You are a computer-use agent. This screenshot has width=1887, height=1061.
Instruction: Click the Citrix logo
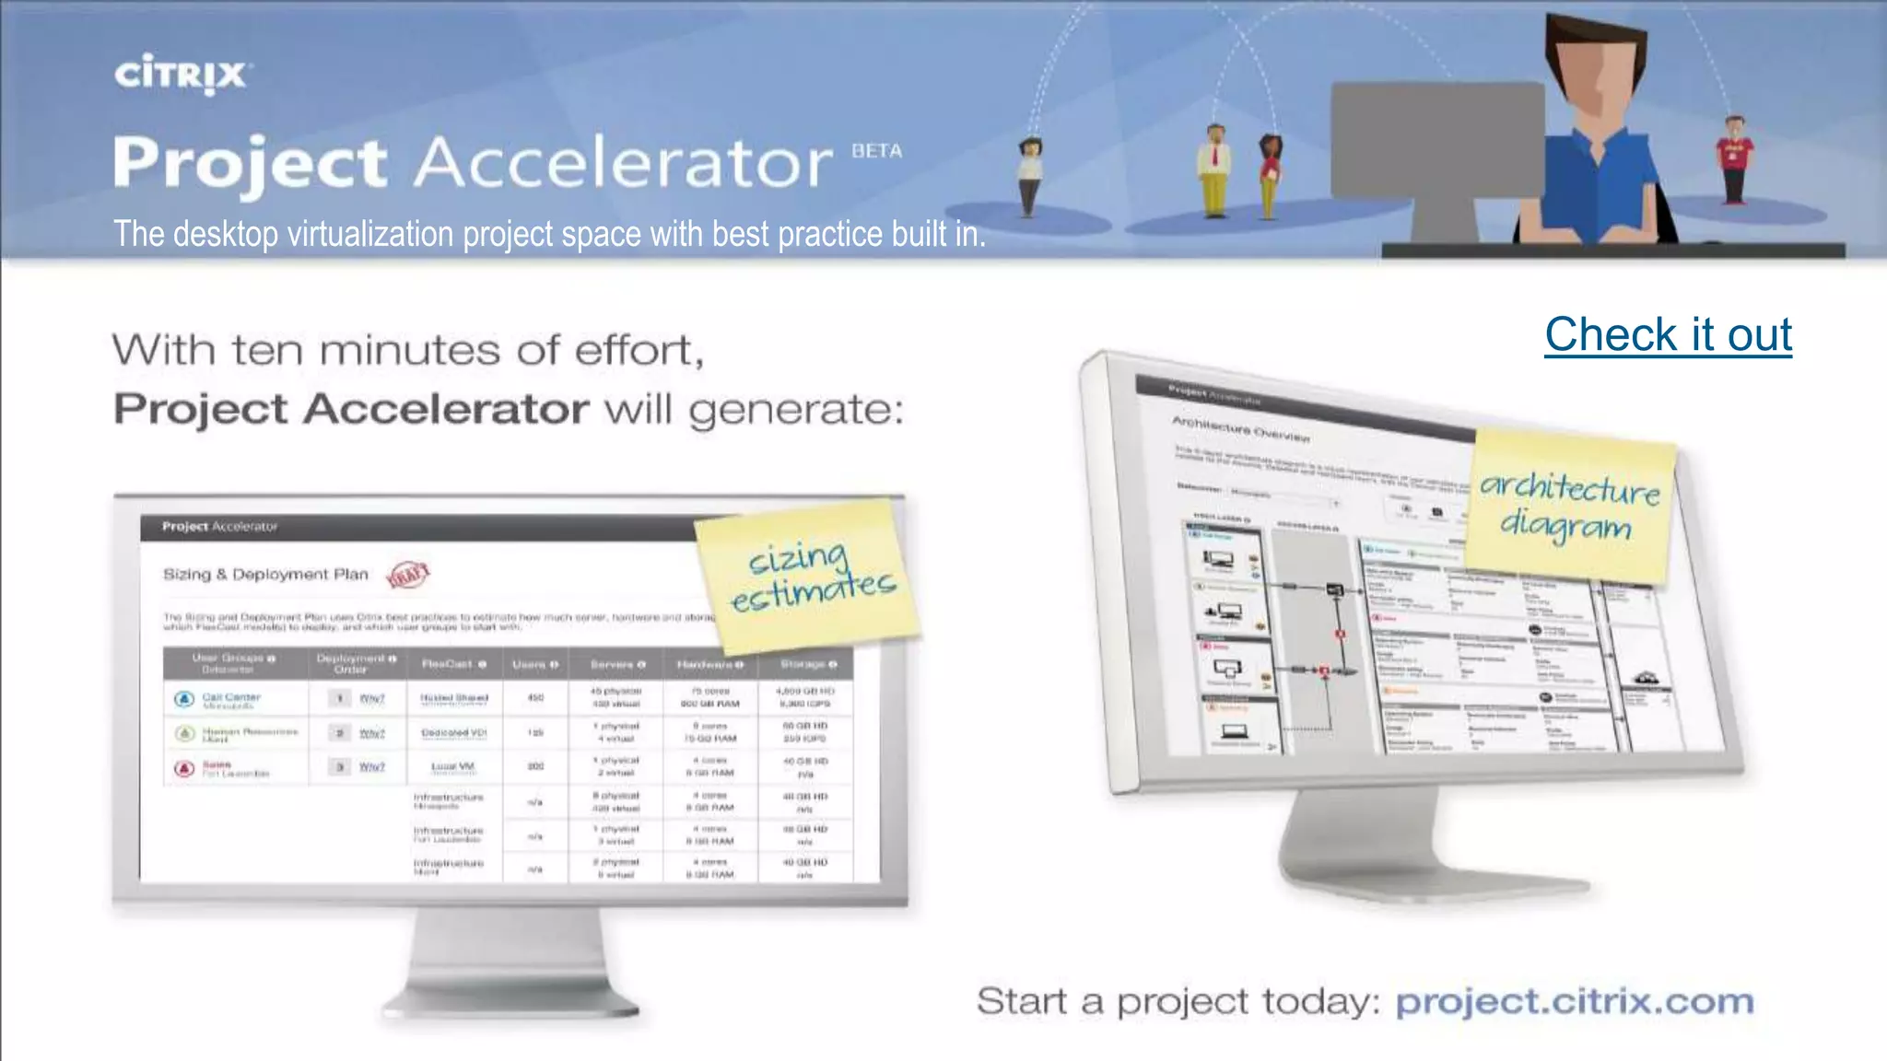[x=182, y=74]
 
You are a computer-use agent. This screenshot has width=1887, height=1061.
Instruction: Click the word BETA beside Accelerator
[x=876, y=151]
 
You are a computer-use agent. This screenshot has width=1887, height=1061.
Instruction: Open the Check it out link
[x=1668, y=334]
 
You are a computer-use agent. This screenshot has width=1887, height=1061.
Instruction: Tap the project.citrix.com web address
[x=1574, y=1001]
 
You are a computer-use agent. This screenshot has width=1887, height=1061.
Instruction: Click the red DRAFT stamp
[x=408, y=575]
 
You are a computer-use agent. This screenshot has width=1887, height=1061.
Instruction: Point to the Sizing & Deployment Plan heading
[x=265, y=575]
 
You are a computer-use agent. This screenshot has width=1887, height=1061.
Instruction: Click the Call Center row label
[x=231, y=697]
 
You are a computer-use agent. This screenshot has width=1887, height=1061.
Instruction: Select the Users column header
[x=534, y=664]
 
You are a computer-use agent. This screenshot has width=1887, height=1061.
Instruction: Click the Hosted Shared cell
[x=454, y=698]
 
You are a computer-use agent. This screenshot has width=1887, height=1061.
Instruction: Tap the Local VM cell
[x=452, y=766]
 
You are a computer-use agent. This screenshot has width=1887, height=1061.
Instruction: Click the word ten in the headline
[x=266, y=351]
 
